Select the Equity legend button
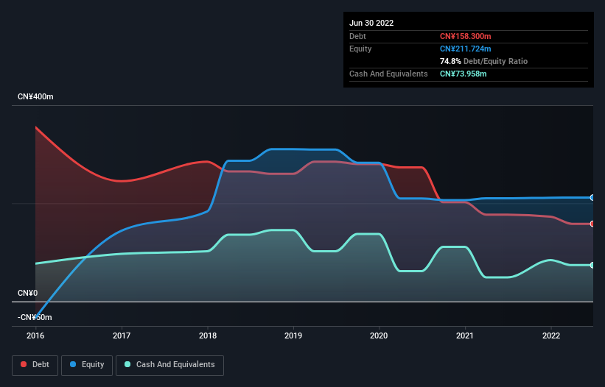(x=87, y=364)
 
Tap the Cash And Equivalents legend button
(x=169, y=364)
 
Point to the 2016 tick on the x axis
(x=35, y=335)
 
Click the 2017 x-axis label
(x=122, y=335)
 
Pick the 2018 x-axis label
(x=207, y=335)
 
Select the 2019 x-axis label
(x=293, y=335)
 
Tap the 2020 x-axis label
(x=380, y=335)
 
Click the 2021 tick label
(x=465, y=335)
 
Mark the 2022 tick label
(x=551, y=335)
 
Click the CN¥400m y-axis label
(x=36, y=97)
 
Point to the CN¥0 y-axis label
(x=27, y=293)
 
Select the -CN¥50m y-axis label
(x=35, y=317)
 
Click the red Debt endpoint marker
(x=592, y=224)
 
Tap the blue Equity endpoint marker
(x=592, y=198)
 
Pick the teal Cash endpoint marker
(x=592, y=265)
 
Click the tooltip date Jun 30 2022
(x=371, y=23)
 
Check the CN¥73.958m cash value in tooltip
(x=464, y=74)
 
